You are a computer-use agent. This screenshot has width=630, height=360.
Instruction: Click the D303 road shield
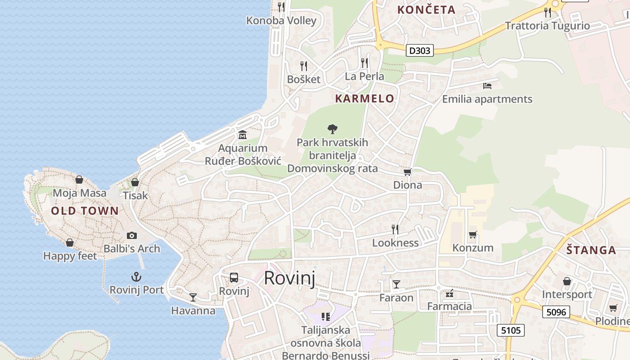(x=419, y=50)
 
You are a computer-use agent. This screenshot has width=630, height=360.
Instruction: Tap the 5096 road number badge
(x=556, y=312)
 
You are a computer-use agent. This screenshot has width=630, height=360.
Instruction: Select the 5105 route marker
(x=511, y=330)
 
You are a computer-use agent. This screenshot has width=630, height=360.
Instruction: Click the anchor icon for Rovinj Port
(x=136, y=276)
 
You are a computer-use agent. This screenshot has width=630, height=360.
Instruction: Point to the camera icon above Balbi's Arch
(x=132, y=235)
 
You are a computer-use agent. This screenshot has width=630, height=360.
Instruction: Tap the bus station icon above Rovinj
(x=234, y=278)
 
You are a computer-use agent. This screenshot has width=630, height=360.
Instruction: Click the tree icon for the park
(x=333, y=129)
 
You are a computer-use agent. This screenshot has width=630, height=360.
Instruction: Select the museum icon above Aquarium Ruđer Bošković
(x=243, y=135)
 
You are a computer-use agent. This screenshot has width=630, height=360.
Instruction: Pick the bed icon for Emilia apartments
(x=487, y=85)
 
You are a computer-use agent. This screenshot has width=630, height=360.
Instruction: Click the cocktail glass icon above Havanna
(x=193, y=297)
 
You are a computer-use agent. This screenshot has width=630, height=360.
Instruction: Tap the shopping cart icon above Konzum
(x=472, y=234)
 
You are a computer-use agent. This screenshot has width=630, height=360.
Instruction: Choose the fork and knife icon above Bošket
(x=304, y=66)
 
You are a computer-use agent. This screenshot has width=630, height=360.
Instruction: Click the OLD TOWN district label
(x=85, y=211)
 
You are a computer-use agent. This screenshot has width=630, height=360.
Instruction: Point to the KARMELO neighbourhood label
(x=364, y=99)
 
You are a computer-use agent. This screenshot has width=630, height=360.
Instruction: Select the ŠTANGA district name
(x=591, y=250)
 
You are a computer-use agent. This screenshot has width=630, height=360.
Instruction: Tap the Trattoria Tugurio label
(x=547, y=26)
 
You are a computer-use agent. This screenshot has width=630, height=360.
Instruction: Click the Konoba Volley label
(x=281, y=21)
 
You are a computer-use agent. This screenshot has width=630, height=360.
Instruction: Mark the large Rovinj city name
(x=289, y=278)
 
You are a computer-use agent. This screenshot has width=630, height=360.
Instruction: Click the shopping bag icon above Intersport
(x=567, y=281)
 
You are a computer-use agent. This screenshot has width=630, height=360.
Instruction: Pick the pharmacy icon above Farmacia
(x=449, y=294)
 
